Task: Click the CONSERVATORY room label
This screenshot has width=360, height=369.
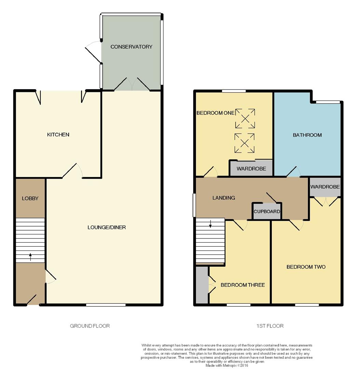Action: point(131,47)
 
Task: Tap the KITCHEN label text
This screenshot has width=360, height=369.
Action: point(58,135)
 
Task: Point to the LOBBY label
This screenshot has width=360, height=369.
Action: point(30,199)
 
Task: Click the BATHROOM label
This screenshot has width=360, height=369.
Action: point(307,135)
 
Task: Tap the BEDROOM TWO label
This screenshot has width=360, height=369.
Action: point(306,267)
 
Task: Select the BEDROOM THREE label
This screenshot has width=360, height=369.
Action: point(242,285)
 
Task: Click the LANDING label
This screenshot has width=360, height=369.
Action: point(224,198)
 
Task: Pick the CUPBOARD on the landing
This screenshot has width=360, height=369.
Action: point(267,211)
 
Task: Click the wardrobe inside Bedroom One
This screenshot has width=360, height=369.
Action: point(251,169)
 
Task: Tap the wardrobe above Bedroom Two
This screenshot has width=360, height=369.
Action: point(325,187)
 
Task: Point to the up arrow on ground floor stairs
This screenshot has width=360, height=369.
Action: point(30,257)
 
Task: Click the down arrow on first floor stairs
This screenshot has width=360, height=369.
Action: point(210,224)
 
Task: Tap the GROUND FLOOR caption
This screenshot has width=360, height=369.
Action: point(90,326)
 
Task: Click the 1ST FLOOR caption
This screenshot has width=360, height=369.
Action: point(270,326)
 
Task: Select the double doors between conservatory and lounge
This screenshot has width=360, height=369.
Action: point(132,85)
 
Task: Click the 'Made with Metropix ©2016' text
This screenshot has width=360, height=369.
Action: point(227,365)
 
